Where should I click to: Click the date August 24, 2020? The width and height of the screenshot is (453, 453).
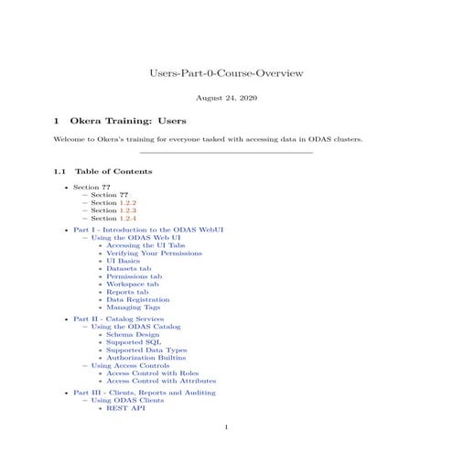click(x=226, y=97)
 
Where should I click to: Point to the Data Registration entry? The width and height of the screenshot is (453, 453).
click(x=137, y=299)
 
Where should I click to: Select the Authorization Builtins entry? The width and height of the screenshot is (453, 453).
click(x=146, y=357)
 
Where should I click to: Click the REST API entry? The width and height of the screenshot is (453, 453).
click(x=125, y=407)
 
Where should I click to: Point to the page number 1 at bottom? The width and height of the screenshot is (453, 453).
click(x=226, y=427)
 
